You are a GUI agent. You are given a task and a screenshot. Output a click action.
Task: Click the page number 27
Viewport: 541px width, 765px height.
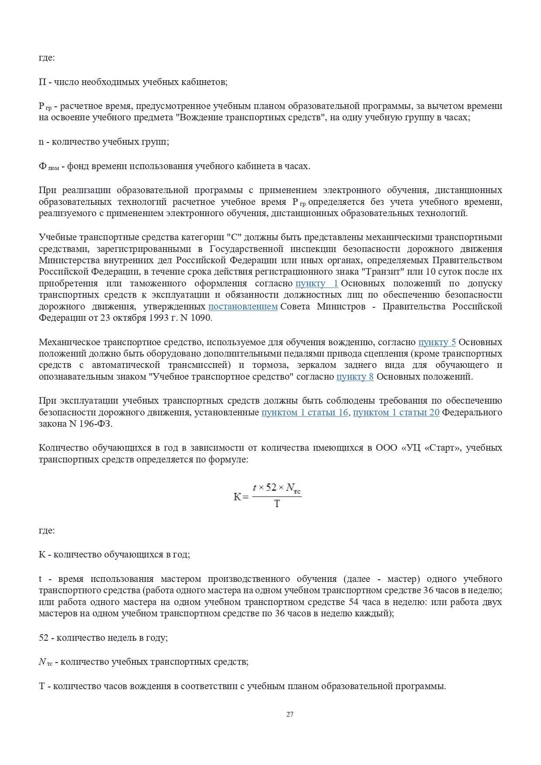tap(290, 714)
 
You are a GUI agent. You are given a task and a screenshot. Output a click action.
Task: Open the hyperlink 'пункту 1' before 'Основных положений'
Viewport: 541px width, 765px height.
tap(316, 283)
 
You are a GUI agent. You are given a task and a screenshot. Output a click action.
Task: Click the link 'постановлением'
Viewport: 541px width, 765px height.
tap(243, 306)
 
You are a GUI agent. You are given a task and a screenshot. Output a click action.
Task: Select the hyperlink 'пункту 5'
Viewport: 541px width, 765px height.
tap(437, 342)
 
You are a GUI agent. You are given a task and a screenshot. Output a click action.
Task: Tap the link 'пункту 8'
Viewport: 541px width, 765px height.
tap(355, 377)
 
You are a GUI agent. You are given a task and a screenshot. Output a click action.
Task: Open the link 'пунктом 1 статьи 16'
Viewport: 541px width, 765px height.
tap(305, 412)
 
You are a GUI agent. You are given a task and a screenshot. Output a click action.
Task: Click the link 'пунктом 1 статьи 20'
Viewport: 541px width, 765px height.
tap(396, 412)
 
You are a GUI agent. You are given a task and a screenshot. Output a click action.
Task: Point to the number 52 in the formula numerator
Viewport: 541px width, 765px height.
tap(271, 487)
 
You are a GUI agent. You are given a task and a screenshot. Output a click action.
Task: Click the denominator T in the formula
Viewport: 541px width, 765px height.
tap(277, 504)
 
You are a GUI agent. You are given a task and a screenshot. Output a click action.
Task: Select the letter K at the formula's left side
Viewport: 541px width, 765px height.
tap(237, 496)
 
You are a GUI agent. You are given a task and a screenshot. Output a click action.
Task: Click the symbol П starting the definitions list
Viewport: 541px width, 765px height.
tap(42, 82)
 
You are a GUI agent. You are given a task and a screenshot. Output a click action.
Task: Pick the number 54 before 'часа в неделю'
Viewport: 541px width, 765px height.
tap(354, 602)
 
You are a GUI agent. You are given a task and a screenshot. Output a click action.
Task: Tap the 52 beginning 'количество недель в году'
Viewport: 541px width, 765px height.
tap(44, 638)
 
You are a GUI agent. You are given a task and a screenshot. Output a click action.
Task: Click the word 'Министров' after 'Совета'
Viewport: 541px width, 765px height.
tap(341, 306)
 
